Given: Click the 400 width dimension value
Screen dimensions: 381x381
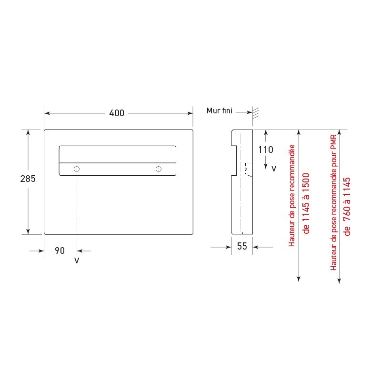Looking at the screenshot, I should tap(117, 113).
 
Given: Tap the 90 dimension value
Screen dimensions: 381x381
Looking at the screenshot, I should tap(60, 251).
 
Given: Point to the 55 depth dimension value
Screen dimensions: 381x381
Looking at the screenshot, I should tap(242, 247).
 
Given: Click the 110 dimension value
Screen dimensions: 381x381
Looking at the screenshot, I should tap(266, 150).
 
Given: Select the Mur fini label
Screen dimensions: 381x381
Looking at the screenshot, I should tap(219, 111).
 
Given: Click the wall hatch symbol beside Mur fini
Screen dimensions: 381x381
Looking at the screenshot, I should tap(256, 113).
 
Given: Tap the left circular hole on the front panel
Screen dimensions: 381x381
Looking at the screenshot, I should tap(77, 169).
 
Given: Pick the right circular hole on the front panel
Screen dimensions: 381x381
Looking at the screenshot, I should tap(159, 169).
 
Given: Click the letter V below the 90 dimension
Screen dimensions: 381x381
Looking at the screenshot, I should tap(77, 261).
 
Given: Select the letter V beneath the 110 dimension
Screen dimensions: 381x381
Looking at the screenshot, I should tap(273, 169).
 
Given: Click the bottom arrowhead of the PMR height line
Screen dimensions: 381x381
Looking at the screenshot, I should tap(339, 281).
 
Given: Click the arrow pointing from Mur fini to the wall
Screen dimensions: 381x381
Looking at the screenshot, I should tap(248, 112).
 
